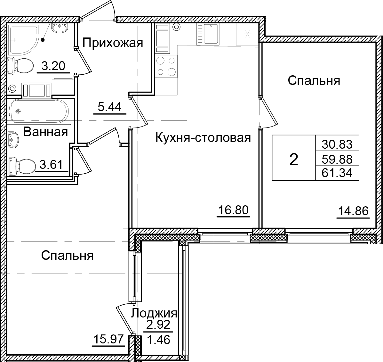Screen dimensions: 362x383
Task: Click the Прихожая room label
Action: pos(113,42)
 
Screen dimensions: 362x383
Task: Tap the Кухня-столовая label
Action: pos(203,138)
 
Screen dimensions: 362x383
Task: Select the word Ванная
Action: pos(46,132)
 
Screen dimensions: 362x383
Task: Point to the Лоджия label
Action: pos(155,313)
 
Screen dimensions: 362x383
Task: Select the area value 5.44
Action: pos(109,107)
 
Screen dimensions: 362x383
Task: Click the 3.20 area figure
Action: pos(53,66)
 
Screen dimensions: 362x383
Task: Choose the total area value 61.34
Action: pos(337,173)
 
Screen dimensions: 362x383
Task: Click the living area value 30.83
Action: pos(337,144)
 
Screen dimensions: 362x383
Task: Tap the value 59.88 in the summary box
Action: pos(337,159)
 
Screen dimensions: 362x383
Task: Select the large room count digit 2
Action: pos(293,159)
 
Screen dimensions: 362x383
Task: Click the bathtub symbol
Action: pos(39,111)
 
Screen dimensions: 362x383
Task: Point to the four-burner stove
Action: pos(166,66)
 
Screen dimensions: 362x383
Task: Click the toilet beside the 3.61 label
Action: pos(22,166)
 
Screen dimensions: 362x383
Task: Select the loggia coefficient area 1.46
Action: pos(158,339)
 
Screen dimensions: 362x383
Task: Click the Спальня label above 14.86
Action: pos(314,80)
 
